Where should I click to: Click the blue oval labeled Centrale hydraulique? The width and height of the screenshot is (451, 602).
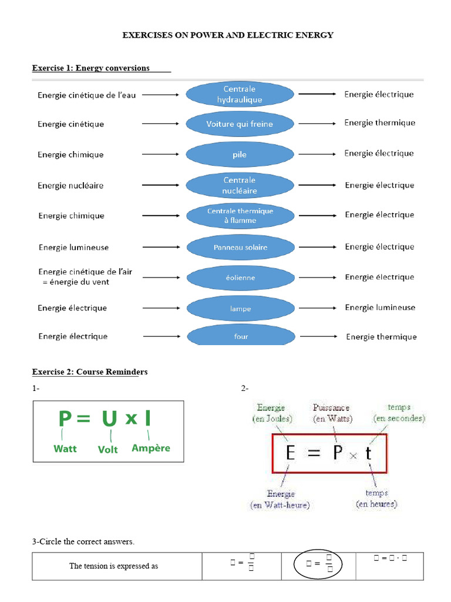(x=240, y=95)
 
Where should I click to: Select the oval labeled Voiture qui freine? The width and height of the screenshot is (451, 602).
(x=240, y=124)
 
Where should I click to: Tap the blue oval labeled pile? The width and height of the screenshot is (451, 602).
(x=240, y=155)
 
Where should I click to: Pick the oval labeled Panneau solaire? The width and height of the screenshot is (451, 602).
(x=240, y=247)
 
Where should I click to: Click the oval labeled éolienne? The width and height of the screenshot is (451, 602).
(x=240, y=277)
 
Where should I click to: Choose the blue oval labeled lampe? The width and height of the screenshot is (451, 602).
(x=240, y=307)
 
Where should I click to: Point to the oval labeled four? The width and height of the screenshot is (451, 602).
(x=240, y=336)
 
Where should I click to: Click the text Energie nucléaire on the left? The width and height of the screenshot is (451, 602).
(x=70, y=186)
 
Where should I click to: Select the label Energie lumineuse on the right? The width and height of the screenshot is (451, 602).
(x=380, y=307)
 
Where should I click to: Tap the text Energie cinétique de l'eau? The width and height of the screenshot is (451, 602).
(x=86, y=95)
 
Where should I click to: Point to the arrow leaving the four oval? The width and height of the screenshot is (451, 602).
(x=318, y=336)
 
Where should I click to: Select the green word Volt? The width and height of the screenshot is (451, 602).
(x=108, y=449)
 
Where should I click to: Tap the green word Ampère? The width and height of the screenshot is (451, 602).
(x=151, y=448)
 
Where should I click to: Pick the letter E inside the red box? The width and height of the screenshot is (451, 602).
(x=290, y=453)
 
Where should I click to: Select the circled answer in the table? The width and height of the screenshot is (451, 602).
(x=318, y=566)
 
